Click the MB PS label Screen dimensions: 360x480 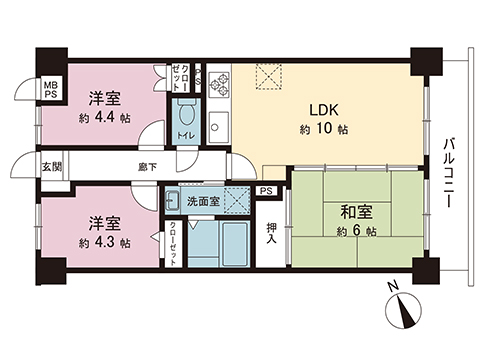point(50,92)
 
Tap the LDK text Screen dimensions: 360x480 point(322,111)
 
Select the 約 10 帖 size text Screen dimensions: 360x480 point(323,130)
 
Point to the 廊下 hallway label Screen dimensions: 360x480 point(147,167)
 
